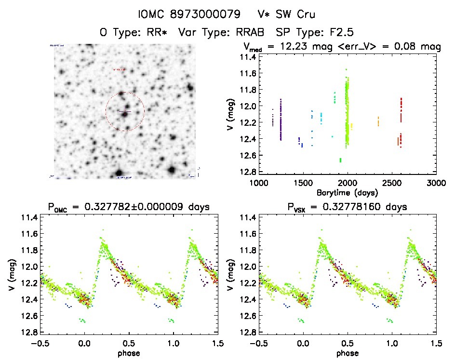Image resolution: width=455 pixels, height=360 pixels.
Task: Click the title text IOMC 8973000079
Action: pos(189,14)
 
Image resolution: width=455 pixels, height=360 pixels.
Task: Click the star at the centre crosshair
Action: pos(125,113)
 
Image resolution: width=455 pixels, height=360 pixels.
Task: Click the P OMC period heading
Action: pos(128,208)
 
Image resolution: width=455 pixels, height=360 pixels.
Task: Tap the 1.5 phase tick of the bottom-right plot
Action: pos(436,343)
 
